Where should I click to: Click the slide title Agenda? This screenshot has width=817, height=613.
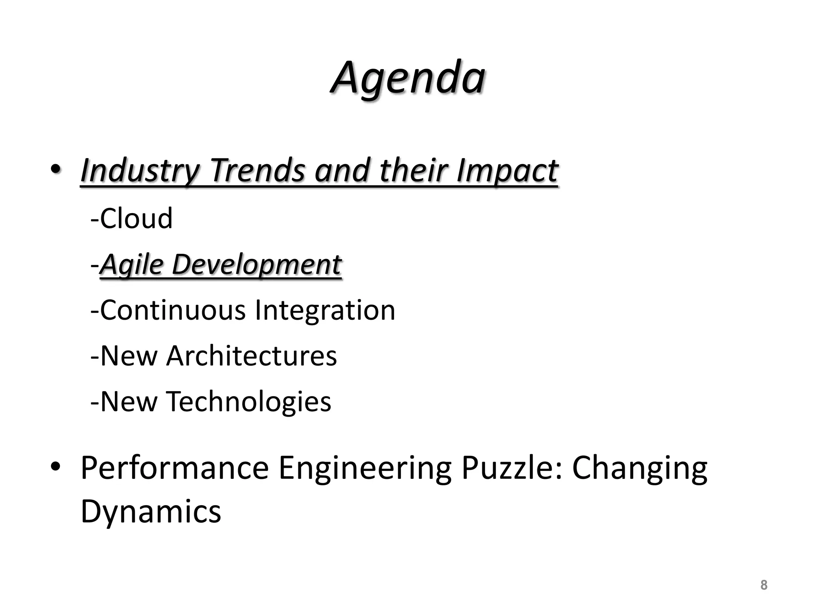coord(408,78)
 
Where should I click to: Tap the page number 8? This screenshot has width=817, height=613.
coord(764,585)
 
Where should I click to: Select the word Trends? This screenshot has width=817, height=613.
coord(257,171)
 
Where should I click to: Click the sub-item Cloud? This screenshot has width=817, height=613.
coord(136,219)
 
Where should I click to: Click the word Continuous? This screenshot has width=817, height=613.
coord(172,310)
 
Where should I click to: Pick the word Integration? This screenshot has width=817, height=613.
coord(324,310)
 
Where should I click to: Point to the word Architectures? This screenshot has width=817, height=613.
coord(251,356)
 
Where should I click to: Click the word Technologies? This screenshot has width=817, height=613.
coord(248,401)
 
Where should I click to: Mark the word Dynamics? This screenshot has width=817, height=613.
coord(151,512)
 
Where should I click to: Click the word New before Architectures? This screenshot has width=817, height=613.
coord(128,356)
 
